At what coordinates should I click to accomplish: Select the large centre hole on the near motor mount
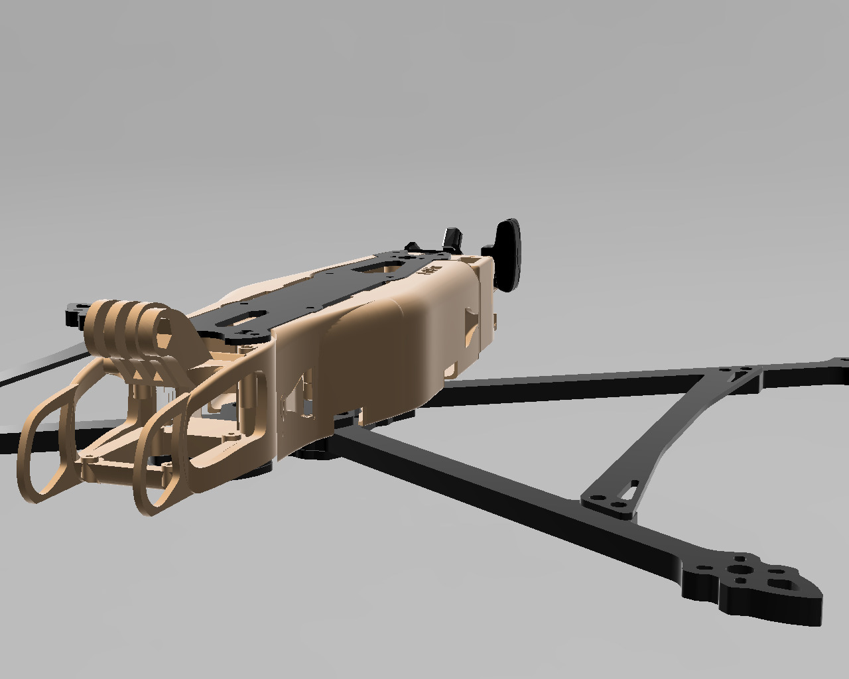pyautogui.click(x=738, y=570)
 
